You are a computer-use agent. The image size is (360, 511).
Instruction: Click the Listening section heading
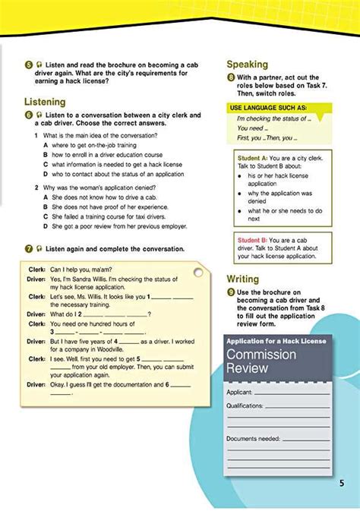click(44, 102)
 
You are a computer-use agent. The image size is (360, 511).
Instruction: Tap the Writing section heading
click(243, 279)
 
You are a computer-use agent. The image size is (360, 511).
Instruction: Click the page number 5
click(342, 483)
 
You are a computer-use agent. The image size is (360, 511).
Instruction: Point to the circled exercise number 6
click(27, 115)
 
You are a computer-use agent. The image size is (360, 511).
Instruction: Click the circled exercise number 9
click(230, 292)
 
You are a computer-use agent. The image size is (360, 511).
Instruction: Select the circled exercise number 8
click(230, 78)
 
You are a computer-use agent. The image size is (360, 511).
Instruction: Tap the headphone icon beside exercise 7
click(38, 248)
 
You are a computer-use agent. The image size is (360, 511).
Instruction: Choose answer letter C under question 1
click(46, 164)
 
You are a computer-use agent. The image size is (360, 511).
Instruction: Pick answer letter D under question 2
click(46, 226)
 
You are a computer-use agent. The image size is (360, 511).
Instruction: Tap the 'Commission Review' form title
click(261, 361)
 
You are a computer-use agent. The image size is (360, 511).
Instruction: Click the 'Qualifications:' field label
click(245, 406)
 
